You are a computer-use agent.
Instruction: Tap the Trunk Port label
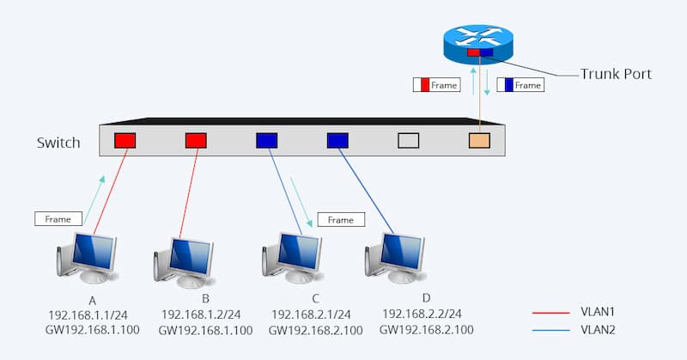point(616,75)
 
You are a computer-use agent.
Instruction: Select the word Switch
point(58,142)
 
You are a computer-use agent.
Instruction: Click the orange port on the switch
point(479,140)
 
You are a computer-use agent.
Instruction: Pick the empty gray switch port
point(409,140)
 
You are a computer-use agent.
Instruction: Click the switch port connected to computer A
point(126,140)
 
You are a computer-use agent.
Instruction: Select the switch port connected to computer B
point(197,140)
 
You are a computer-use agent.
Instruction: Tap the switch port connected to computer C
point(267,140)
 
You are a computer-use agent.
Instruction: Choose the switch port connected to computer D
point(337,140)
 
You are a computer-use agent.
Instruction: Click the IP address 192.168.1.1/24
point(83,315)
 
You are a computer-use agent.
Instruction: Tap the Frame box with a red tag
point(436,85)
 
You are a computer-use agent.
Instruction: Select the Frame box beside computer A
point(58,219)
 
